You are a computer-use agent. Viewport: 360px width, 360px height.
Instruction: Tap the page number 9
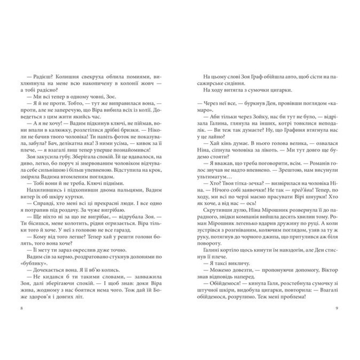coord(336,309)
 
